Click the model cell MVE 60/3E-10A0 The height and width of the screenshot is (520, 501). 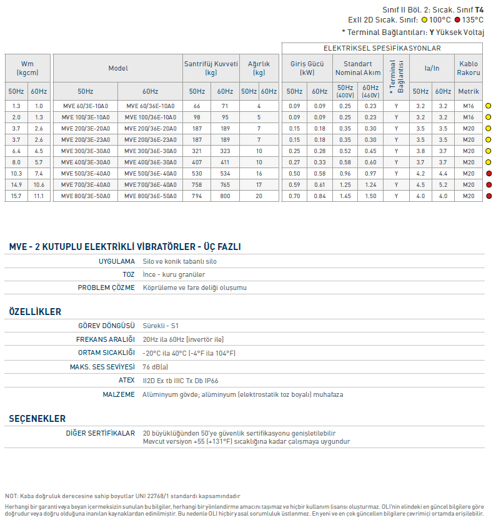86,106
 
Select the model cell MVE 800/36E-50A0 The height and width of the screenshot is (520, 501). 150,196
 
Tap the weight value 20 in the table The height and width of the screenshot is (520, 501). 259,196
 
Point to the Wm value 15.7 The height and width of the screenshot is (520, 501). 16,196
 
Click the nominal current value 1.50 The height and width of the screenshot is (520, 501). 370,196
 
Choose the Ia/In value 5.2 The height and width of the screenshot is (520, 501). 443,185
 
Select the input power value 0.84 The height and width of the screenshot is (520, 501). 320,196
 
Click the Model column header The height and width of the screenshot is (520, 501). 117,68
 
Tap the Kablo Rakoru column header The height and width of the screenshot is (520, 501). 469,68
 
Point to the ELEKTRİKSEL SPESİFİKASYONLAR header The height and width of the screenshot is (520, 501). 382,48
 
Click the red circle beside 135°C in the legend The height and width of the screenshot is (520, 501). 457,20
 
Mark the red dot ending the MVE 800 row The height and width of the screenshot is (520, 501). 489,196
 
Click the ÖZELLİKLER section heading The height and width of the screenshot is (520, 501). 35,311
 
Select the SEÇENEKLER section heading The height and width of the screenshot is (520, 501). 37,419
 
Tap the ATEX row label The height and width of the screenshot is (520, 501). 126,380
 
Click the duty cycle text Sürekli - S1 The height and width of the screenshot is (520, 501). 161,326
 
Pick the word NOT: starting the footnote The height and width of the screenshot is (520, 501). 11,496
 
